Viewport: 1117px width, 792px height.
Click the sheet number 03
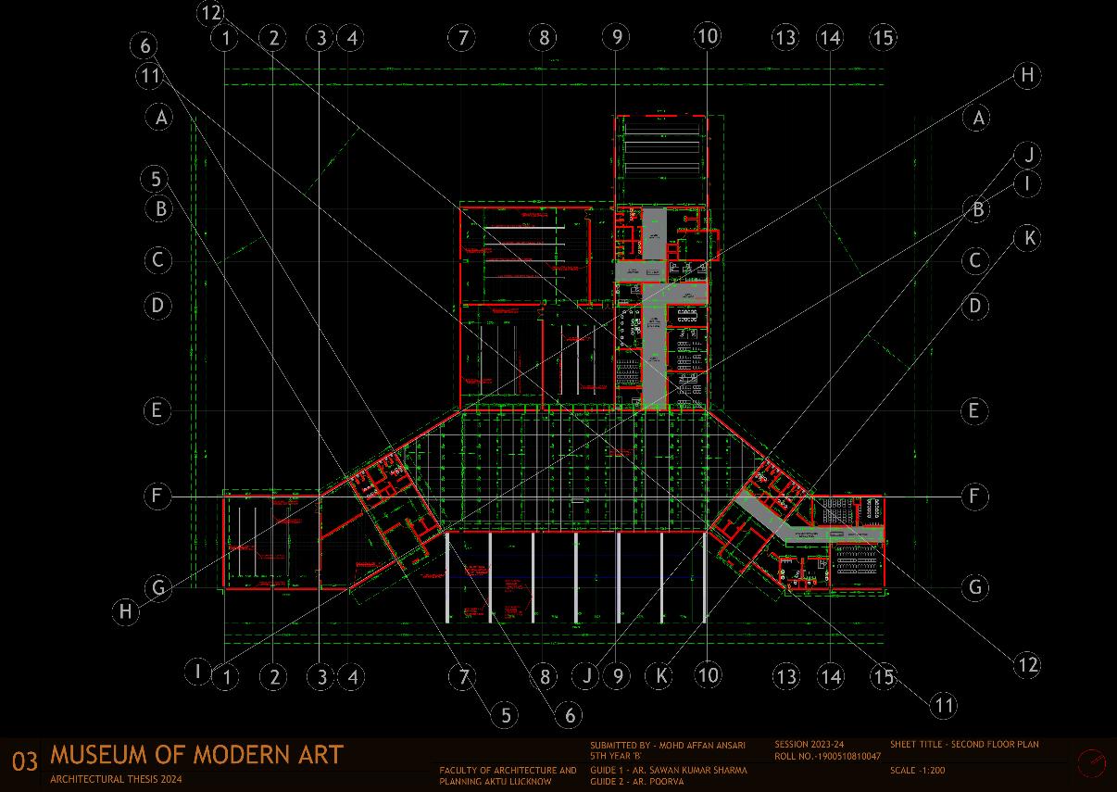[x=25, y=761]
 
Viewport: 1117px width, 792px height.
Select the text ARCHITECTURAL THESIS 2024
[x=117, y=780]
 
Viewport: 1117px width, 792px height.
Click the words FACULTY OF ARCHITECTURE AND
[x=508, y=770]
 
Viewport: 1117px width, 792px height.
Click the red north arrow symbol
[x=1092, y=762]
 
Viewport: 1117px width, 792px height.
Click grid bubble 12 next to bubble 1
[x=211, y=12]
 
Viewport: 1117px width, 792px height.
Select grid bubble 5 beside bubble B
[x=157, y=179]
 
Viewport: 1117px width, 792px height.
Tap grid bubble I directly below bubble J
[x=1027, y=183]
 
